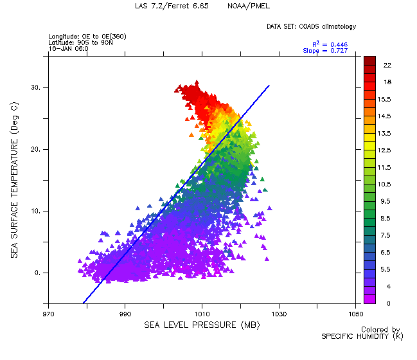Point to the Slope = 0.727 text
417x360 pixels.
coord(325,51)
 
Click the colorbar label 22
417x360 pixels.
coord(388,66)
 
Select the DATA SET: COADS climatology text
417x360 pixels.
coord(311,26)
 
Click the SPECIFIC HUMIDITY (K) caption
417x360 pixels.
coord(362,336)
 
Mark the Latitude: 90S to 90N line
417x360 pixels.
coord(81,42)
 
